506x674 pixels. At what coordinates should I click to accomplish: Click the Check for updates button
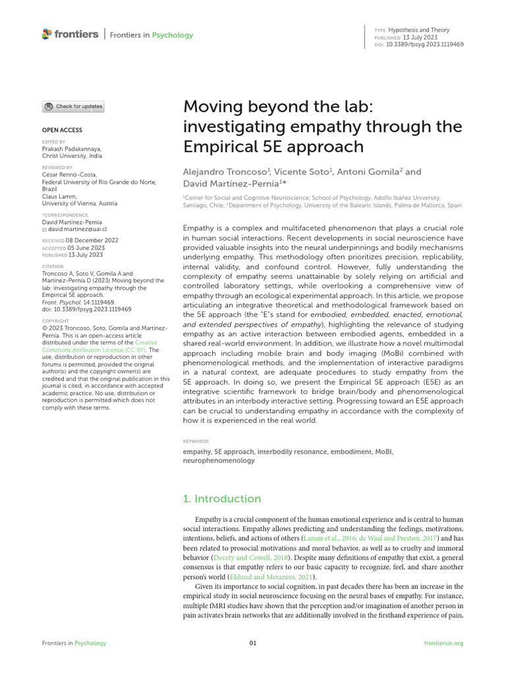[x=73, y=107]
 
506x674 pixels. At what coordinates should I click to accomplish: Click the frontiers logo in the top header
[x=70, y=34]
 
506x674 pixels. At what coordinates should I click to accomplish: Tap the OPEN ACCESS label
[x=62, y=130]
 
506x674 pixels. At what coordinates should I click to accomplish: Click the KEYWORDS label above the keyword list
[x=196, y=441]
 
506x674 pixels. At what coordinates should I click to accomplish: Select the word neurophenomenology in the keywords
[x=218, y=461]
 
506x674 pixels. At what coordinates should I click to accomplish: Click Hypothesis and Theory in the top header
[x=418, y=30]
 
